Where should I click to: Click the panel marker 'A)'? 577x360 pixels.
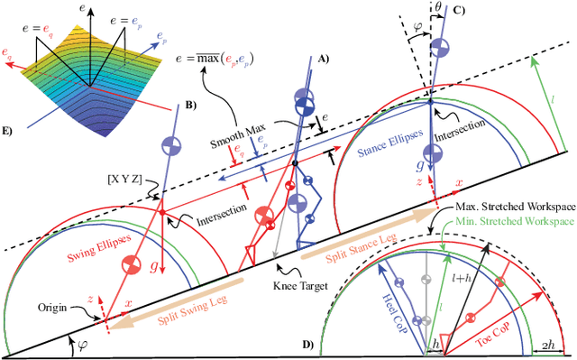coord(325,59)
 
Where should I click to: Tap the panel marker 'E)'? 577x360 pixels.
coord(9,132)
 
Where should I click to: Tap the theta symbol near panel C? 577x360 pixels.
coord(434,8)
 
